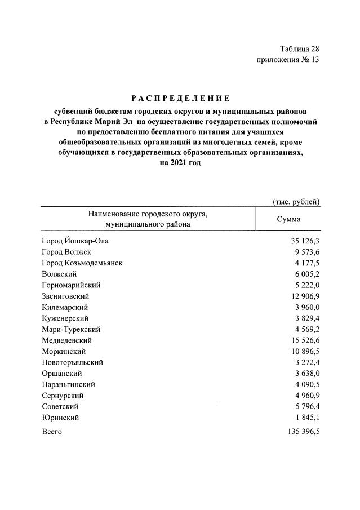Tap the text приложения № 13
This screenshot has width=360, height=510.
(x=288, y=60)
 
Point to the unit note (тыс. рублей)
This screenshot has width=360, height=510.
(x=296, y=201)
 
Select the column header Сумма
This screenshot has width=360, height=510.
(x=288, y=219)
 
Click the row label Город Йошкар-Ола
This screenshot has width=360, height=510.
(x=74, y=241)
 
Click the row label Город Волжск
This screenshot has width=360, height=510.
(x=66, y=252)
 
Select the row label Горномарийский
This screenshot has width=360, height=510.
(x=71, y=285)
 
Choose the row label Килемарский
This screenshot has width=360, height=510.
(x=65, y=307)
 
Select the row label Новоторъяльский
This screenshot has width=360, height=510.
(x=72, y=362)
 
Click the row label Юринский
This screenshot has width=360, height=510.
(x=60, y=418)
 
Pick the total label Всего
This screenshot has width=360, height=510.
(x=52, y=432)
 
